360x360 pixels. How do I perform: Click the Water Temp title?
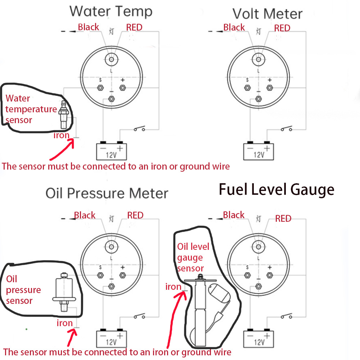pos(111,12)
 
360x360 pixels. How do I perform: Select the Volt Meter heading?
pos(267,14)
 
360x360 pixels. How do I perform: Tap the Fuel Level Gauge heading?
pos(276,189)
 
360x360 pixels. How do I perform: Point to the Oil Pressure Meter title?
pos(107,193)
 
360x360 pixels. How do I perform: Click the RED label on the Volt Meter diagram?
pos(282,28)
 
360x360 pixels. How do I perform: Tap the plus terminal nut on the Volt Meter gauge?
pos(269,87)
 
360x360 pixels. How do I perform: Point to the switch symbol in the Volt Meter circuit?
pos(285,129)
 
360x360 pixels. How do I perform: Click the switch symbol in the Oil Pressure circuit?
pos(139,317)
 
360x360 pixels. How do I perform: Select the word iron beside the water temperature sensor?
pos(62,135)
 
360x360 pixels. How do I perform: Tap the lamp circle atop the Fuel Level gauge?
pos(258,246)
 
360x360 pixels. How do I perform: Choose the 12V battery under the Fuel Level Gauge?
pos(258,338)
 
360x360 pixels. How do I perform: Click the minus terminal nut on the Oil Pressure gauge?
pos(111,287)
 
